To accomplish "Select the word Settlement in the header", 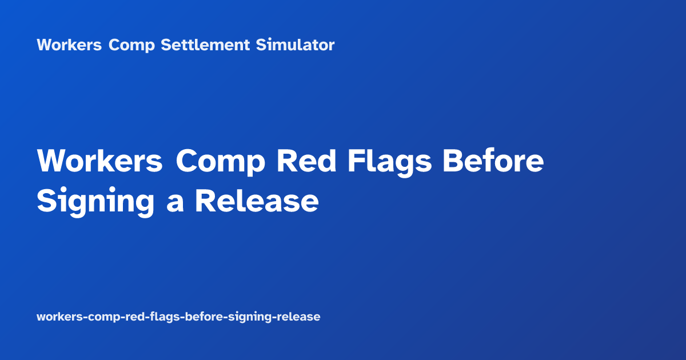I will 205,45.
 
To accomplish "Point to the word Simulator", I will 295,45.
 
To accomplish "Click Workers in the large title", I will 100,162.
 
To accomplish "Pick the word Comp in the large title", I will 220,162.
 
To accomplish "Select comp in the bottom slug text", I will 99,317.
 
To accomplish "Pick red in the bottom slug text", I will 128,317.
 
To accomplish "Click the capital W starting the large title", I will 51,162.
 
